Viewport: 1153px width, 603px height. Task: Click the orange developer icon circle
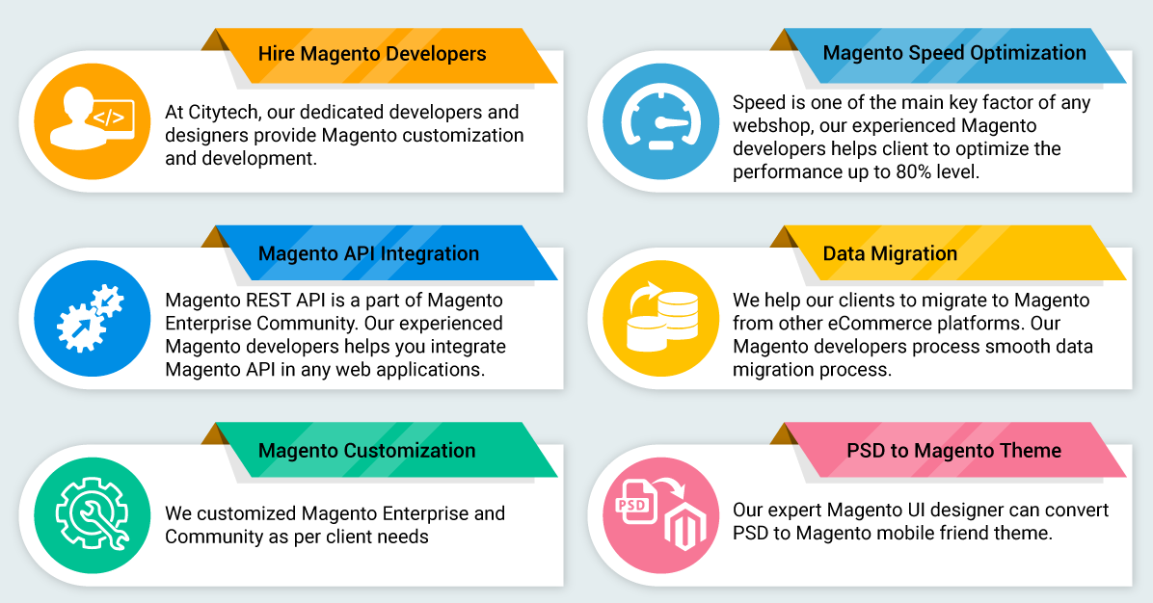pos(92,121)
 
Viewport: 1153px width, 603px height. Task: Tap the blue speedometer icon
pos(660,121)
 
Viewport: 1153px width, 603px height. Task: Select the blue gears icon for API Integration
pos(92,318)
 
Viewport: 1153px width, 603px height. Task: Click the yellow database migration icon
pos(660,318)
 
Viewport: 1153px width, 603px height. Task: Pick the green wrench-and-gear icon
pos(92,515)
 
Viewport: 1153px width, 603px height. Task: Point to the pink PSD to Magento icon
pos(660,515)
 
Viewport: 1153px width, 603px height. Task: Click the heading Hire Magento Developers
pos(372,54)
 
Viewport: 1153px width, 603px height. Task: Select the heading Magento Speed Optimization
pos(954,53)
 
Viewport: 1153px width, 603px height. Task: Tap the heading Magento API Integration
pos(368,253)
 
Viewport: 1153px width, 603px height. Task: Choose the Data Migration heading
pos(890,253)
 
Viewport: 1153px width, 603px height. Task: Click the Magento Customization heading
pos(367,450)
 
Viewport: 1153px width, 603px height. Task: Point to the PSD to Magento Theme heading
pos(953,450)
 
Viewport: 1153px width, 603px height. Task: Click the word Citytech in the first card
pos(223,113)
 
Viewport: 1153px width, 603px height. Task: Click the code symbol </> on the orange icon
pos(109,118)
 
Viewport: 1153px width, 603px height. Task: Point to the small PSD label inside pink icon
pos(631,505)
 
